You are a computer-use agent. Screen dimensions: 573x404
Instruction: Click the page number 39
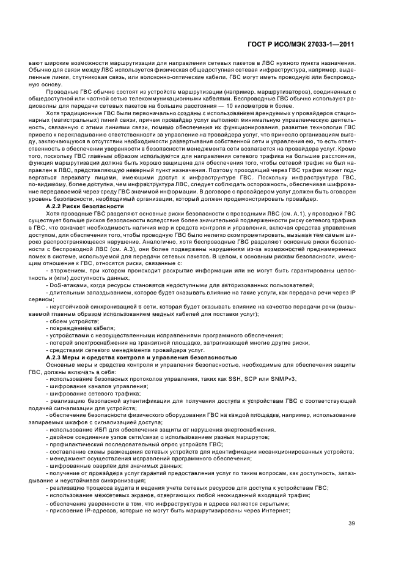click(351, 523)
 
